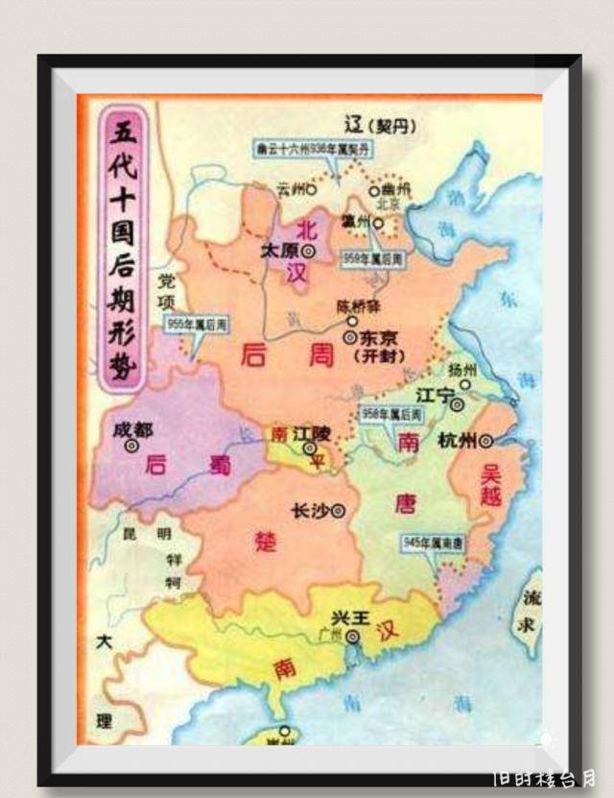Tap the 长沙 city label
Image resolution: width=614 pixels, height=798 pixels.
click(309, 510)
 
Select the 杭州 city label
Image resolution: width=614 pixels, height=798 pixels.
click(456, 441)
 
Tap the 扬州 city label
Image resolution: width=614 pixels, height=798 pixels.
click(468, 370)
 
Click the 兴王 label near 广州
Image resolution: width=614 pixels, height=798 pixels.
click(350, 617)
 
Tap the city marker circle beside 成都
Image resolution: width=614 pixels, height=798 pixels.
click(131, 446)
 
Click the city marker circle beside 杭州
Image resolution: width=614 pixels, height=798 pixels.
click(486, 441)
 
